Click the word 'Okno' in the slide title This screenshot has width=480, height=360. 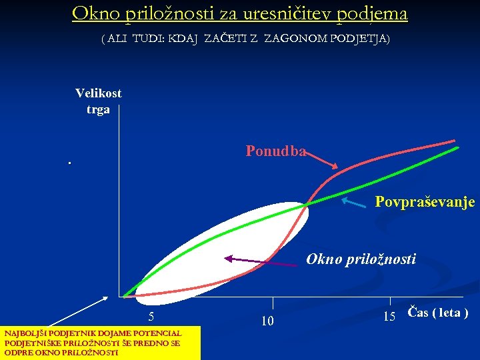pyautogui.click(x=93, y=13)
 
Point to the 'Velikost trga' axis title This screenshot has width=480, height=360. pyautogui.click(x=98, y=101)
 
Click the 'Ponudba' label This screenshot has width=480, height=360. pyautogui.click(x=275, y=151)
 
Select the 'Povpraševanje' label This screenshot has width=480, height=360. pyautogui.click(x=425, y=201)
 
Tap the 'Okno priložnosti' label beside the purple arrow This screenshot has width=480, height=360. pyautogui.click(x=361, y=259)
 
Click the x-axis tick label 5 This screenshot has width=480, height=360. pyautogui.click(x=152, y=317)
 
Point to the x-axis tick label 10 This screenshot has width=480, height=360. pyautogui.click(x=267, y=322)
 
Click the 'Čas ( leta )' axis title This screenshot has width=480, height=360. pyautogui.click(x=437, y=313)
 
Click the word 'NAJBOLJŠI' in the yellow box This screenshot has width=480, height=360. pyautogui.click(x=21, y=333)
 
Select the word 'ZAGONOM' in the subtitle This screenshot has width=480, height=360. pyautogui.click(x=291, y=39)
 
